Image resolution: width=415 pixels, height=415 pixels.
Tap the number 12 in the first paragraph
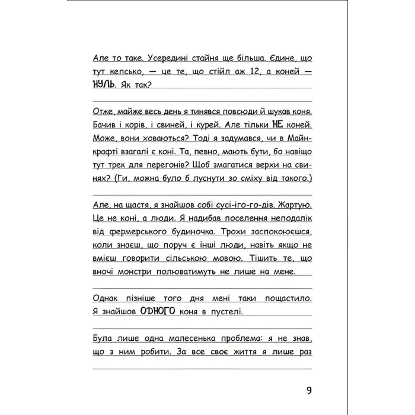248,71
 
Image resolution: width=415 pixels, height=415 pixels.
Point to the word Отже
104,111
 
